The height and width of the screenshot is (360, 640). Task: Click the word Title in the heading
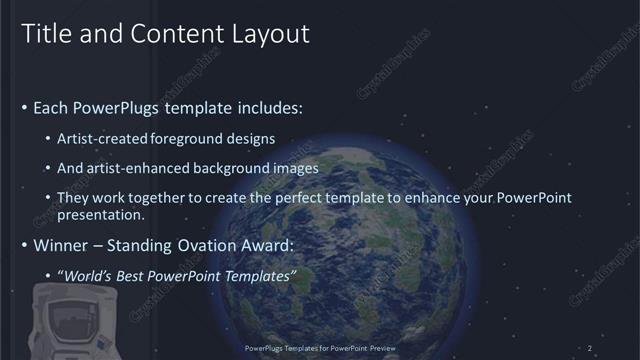click(x=44, y=33)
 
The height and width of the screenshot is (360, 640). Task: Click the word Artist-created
click(x=103, y=138)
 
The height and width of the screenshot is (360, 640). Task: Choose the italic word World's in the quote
click(x=88, y=275)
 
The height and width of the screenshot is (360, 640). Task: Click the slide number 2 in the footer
click(x=590, y=347)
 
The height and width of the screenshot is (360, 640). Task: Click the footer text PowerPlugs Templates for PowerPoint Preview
click(x=319, y=347)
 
